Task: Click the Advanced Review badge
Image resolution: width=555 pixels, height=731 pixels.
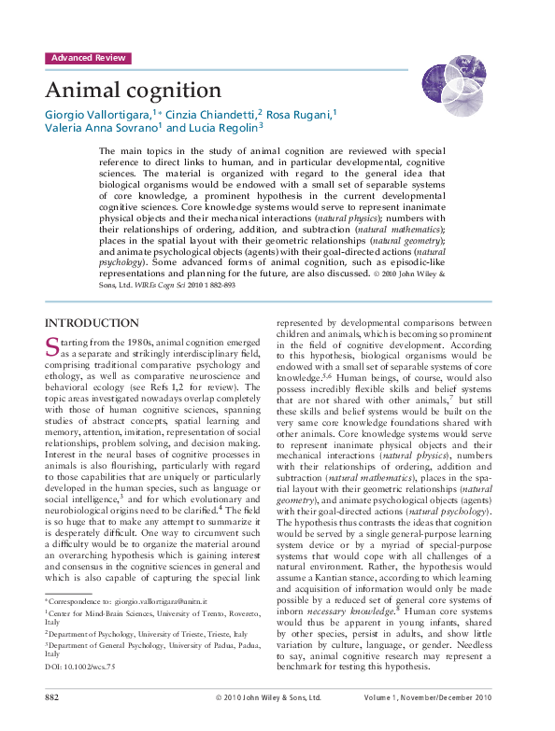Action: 88,58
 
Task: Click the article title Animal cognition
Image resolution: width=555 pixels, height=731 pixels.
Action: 133,90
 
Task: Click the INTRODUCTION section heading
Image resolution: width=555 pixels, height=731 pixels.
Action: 92,323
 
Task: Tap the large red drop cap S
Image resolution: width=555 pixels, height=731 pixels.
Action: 52,347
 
